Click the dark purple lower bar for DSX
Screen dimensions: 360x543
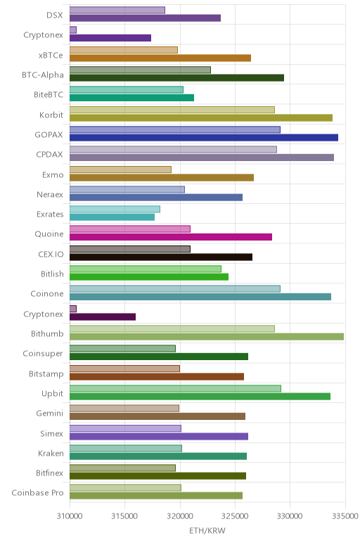pos(145,18)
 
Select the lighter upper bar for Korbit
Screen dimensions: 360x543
pos(172,110)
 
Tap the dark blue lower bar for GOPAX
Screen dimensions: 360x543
pos(204,137)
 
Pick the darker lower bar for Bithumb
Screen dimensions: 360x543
pos(207,337)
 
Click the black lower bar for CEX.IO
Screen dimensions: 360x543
pos(161,257)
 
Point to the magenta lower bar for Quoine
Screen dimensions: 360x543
pos(171,237)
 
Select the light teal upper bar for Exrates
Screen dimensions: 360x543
pos(115,209)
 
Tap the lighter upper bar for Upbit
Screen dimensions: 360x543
pos(175,388)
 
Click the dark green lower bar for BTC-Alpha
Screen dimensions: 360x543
pos(177,77)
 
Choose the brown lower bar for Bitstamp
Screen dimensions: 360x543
pos(157,376)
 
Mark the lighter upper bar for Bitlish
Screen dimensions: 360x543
pos(146,269)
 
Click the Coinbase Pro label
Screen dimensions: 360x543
pos(37,492)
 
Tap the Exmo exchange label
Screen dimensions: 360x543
pos(53,174)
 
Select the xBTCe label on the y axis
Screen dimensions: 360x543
pos(51,56)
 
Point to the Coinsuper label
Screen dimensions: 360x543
pos(43,354)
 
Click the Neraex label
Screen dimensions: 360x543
pos(50,195)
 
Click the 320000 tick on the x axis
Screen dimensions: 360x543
pos(180,516)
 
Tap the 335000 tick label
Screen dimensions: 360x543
pos(345,516)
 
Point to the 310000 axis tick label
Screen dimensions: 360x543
pos(70,516)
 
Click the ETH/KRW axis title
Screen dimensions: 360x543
pos(207,530)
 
